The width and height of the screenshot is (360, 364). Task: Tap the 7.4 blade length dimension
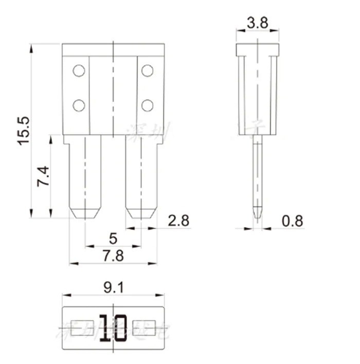pos(43,177)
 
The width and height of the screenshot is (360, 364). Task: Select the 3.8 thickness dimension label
pos(257,23)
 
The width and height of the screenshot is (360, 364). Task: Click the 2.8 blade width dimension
pos(178,221)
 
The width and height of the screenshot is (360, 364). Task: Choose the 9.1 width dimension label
pos(113,288)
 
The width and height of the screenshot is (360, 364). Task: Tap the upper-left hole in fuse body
pos(79,71)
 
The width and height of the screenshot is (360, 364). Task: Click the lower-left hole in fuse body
pos(79,106)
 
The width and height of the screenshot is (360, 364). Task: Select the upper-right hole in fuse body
pos(148,71)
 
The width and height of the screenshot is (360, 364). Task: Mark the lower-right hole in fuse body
pos(148,106)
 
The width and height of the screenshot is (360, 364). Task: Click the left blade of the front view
pos(85,175)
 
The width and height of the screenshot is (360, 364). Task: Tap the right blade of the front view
pos(141,175)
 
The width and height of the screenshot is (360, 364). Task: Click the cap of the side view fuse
pos(258,50)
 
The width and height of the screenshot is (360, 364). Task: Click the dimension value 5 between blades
pos(113,239)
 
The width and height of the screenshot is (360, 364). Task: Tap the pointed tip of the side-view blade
pos(258,216)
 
